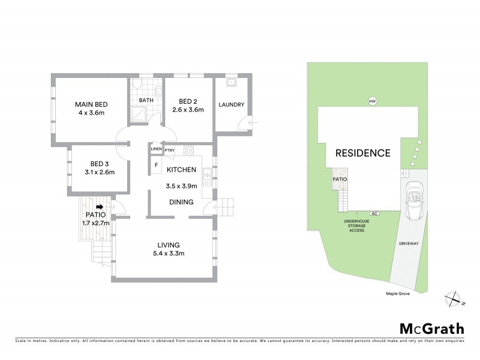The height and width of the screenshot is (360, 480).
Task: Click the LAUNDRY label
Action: (x=231, y=105)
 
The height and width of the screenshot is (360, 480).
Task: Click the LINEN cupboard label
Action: (x=156, y=148)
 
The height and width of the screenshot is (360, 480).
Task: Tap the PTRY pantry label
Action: (x=169, y=148)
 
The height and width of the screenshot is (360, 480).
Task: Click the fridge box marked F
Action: (x=157, y=164)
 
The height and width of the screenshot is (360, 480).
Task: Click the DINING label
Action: (x=181, y=202)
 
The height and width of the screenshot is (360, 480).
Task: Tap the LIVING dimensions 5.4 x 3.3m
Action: (x=164, y=254)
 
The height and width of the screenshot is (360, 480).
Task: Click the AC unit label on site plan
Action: (x=374, y=213)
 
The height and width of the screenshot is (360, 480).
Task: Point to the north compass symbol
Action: (x=453, y=298)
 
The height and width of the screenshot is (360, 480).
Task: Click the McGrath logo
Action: (x=431, y=328)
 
